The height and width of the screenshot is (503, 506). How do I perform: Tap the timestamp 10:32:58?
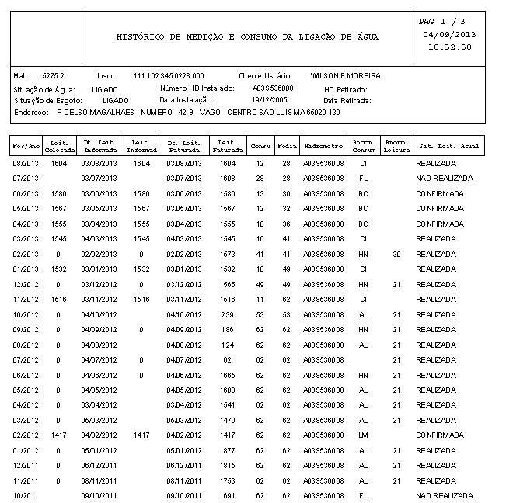(x=449, y=47)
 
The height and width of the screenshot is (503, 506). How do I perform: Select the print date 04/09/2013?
(x=449, y=35)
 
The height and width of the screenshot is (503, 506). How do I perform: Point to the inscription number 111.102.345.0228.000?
(x=169, y=76)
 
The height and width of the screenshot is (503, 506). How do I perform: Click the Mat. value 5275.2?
(x=53, y=76)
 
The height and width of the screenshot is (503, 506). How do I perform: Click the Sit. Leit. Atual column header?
(x=449, y=146)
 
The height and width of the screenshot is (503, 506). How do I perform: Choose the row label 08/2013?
(x=25, y=164)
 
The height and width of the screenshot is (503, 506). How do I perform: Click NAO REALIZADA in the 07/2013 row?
(x=444, y=179)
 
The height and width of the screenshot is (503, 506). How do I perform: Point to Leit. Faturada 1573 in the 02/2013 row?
(x=227, y=255)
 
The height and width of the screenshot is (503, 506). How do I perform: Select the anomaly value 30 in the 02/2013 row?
(x=396, y=255)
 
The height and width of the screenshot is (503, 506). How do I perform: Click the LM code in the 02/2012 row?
(x=362, y=435)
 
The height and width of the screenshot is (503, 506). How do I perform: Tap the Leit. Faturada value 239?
(x=227, y=315)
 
